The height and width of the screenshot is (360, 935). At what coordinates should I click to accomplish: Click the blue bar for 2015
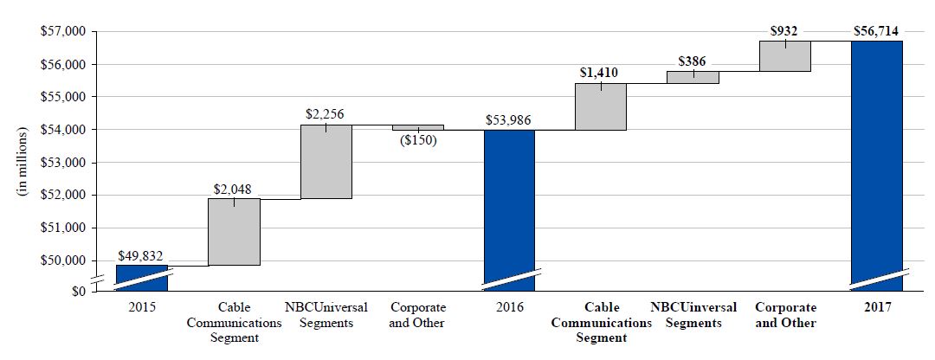point(142,277)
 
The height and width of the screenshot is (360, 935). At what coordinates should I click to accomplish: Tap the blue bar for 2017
point(878,164)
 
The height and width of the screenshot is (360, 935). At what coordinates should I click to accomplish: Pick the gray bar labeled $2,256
point(326,162)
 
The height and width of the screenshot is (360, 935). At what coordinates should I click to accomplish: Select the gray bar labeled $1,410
point(601,106)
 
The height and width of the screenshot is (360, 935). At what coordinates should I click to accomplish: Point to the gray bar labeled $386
point(693,77)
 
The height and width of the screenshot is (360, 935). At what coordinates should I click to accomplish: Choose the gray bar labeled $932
point(785,56)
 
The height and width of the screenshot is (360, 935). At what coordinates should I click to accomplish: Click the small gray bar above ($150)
point(418,127)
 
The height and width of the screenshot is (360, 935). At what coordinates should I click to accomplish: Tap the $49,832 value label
point(140,255)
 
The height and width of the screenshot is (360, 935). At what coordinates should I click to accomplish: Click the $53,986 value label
point(509,119)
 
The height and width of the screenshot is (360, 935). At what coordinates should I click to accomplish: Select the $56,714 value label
point(877,30)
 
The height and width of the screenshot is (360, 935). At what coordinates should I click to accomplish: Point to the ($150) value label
point(417,140)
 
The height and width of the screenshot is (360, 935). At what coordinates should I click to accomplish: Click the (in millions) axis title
point(25,163)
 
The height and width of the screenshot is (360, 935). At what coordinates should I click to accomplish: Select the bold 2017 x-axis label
point(877,308)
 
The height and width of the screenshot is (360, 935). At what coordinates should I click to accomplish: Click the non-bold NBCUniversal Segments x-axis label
point(326,315)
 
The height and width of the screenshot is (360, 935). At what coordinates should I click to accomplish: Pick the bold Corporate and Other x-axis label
point(785,315)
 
